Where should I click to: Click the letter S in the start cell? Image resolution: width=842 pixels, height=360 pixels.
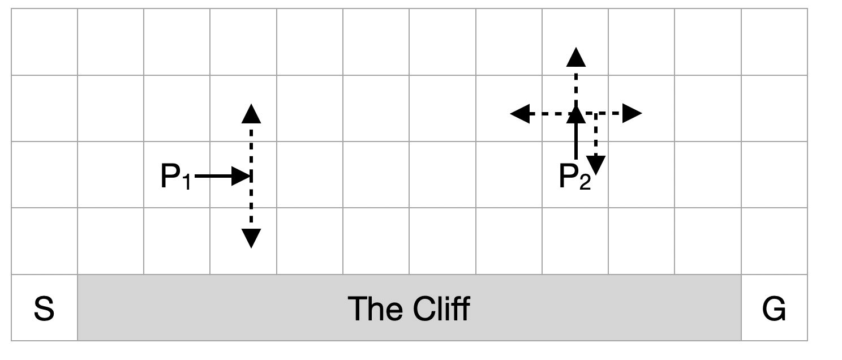click(44, 310)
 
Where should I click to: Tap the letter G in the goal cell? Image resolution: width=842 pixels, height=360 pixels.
click(774, 310)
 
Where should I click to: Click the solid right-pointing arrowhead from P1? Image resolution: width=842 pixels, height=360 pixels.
click(243, 177)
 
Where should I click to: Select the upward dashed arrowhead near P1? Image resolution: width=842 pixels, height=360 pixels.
click(251, 114)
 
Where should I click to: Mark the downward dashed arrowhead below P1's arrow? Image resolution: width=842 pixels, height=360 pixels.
click(251, 238)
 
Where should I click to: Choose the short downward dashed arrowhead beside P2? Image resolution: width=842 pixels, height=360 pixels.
click(596, 165)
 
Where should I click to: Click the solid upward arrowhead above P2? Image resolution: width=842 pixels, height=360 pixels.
click(576, 115)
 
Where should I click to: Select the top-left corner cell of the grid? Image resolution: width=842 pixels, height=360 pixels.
click(44, 42)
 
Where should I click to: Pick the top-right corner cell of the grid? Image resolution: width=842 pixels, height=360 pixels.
click(774, 42)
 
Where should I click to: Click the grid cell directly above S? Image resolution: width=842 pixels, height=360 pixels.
click(44, 242)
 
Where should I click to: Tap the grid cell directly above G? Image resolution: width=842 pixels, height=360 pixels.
click(774, 242)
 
